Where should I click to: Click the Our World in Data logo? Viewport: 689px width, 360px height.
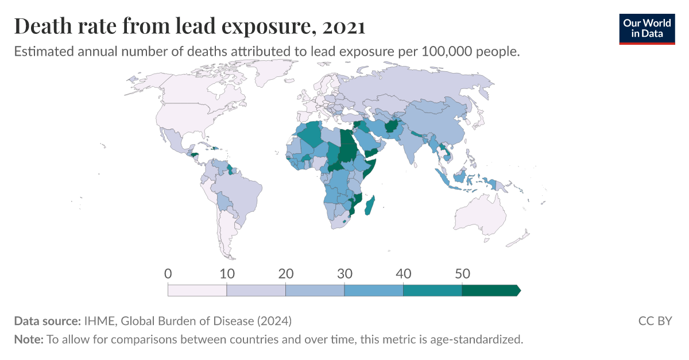[x=647, y=28]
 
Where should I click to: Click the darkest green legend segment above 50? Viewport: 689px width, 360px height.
[x=490, y=291]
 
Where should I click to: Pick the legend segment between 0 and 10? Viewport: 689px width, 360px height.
[x=198, y=291]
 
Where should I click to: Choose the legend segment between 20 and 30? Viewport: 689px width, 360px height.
[x=315, y=291]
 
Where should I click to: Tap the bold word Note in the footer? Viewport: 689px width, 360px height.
[x=28, y=339]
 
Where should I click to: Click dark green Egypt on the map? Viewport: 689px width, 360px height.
[x=346, y=138]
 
